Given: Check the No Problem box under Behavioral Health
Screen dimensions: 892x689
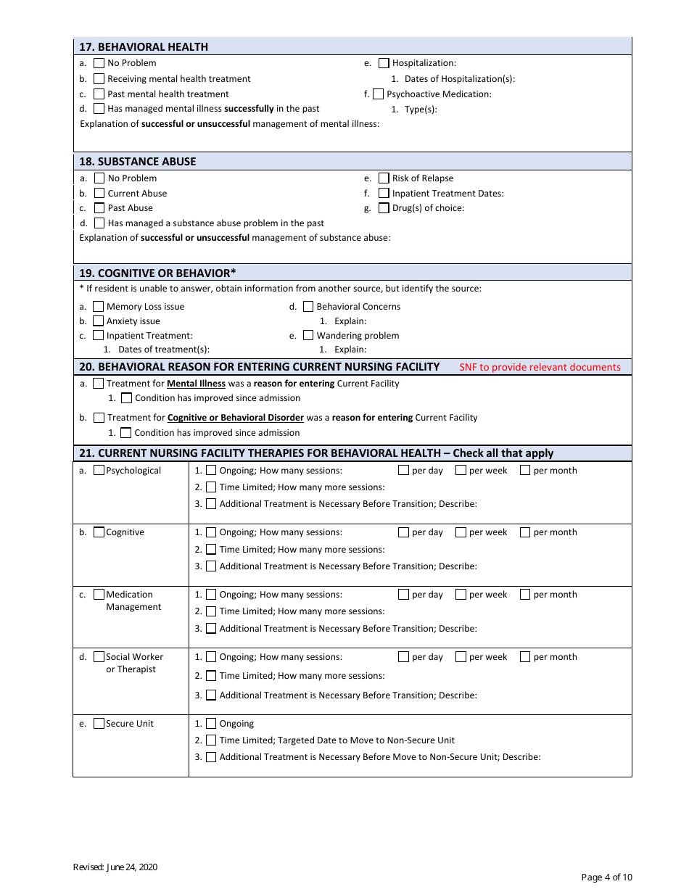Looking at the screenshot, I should [x=99, y=63].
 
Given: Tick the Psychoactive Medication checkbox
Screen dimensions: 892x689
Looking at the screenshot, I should [x=379, y=94].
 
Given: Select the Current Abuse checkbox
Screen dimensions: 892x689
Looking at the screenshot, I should [x=99, y=194].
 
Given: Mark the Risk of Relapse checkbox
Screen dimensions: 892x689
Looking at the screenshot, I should [x=384, y=178].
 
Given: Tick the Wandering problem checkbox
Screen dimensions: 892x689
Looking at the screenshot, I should [x=308, y=336].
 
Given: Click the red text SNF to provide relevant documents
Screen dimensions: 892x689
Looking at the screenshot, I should [x=540, y=367].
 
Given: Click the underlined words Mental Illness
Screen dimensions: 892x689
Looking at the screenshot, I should [x=196, y=384].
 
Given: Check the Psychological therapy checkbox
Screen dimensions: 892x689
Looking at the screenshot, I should [x=99, y=471].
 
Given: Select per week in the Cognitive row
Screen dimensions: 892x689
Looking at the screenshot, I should [x=461, y=532].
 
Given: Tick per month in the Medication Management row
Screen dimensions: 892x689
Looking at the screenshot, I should [x=525, y=595].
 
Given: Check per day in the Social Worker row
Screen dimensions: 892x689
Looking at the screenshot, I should [x=404, y=657].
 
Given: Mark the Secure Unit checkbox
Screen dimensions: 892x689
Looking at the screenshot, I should [x=99, y=724].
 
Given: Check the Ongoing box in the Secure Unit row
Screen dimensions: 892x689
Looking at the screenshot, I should [x=211, y=724].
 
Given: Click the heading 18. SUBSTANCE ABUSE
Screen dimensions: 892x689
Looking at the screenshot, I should [x=137, y=162].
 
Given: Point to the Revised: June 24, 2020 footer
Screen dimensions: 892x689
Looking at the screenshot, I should [x=115, y=867].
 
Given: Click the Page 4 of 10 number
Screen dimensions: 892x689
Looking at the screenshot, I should [x=606, y=877].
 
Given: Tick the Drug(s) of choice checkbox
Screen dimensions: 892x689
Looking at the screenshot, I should [x=384, y=208].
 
